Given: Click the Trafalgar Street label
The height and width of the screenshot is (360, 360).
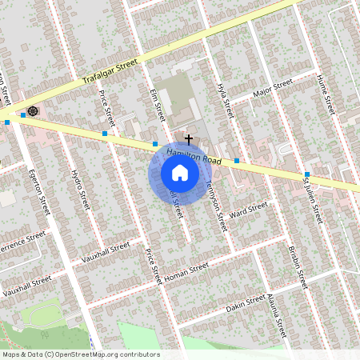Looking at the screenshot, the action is [x=110, y=70].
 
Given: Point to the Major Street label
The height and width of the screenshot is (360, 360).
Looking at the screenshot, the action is [x=273, y=90].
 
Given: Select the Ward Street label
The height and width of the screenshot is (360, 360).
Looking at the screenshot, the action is [x=247, y=211].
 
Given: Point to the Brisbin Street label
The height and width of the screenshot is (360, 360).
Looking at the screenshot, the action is [x=297, y=267].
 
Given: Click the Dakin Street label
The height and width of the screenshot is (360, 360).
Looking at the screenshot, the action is [x=245, y=302].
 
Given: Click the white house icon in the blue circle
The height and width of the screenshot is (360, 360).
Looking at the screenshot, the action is [x=180, y=174].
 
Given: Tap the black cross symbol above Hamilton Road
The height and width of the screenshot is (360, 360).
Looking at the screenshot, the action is [x=188, y=138].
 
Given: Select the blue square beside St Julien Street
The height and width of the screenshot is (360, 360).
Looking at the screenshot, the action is [x=307, y=174].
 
